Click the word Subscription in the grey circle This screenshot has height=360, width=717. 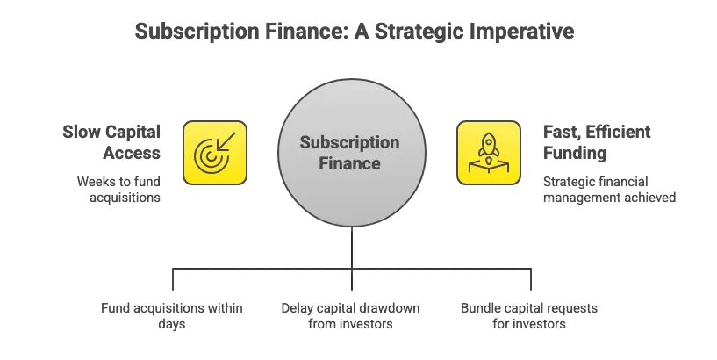349,143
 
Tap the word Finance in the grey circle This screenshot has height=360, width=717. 349,163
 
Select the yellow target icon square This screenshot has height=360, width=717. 214,153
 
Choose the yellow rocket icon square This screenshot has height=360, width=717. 488,153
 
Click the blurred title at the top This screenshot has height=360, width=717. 354,32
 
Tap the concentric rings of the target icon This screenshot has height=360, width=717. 209,158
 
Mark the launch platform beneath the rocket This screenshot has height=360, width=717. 488,166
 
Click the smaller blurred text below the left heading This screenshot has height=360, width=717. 120,189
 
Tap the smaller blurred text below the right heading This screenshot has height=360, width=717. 609,189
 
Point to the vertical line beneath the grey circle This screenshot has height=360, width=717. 352,255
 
